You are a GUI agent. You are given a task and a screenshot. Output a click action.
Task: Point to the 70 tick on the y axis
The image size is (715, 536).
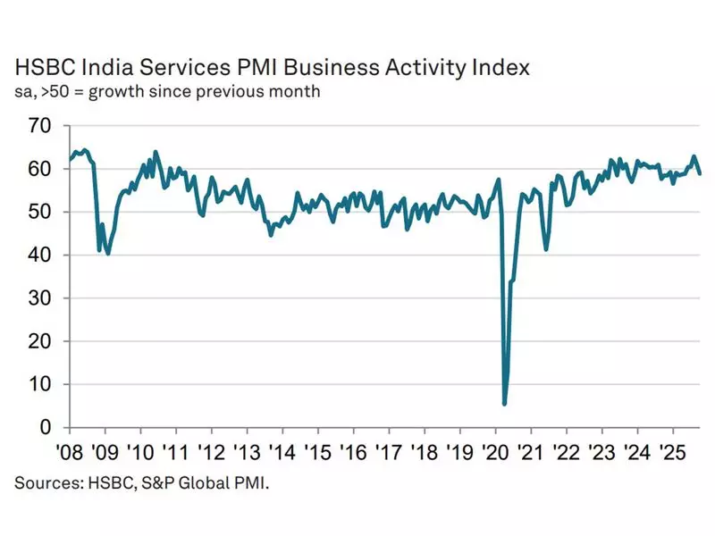[x=43, y=125]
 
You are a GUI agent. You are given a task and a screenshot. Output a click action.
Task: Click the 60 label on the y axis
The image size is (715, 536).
[x=43, y=169]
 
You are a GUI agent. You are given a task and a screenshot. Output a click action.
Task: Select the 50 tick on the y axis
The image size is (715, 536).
[x=43, y=212]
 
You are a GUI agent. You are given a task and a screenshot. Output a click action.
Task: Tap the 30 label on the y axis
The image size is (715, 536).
[x=43, y=298]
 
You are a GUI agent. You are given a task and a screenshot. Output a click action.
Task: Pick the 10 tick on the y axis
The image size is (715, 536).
[x=43, y=384]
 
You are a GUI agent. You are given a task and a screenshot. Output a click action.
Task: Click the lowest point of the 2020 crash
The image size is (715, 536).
[x=505, y=404]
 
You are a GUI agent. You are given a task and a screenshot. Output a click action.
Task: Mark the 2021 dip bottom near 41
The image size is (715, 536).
[x=546, y=249]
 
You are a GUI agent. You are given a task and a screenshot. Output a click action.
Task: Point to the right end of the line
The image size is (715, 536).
[x=700, y=174]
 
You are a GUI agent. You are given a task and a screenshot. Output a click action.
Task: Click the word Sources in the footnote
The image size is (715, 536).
[x=43, y=483]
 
